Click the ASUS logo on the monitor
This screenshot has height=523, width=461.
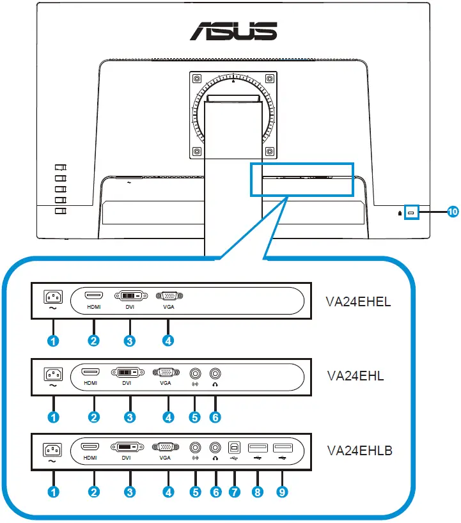point(233,29)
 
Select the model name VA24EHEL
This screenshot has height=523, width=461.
point(359,301)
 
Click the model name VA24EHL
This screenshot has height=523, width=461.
point(355,375)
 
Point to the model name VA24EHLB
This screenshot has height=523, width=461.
point(359,451)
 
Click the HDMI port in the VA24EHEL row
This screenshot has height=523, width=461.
point(94,296)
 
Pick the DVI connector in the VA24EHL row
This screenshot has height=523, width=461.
point(130,371)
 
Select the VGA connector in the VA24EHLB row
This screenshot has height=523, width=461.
point(166,447)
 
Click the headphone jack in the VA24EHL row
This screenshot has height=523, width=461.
point(215,371)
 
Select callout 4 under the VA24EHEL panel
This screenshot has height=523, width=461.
point(168,341)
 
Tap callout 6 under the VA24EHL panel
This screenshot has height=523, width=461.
point(215,417)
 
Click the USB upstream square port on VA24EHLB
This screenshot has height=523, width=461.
point(235,447)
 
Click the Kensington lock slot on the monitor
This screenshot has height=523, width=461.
point(410,213)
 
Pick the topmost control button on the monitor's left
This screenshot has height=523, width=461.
point(61,168)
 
